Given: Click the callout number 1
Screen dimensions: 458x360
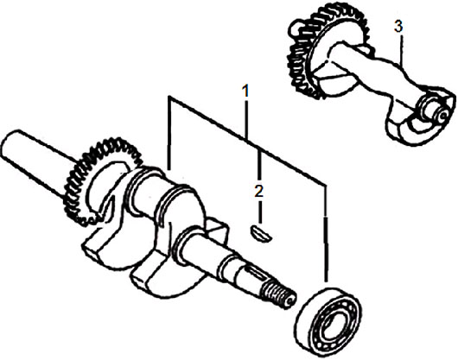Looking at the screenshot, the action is click(246, 91).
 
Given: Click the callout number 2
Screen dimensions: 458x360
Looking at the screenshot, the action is click(258, 191).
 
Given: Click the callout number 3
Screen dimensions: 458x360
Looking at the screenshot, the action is click(398, 26).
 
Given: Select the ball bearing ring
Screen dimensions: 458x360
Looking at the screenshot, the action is click(328, 317).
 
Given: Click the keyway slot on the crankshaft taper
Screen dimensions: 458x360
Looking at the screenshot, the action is click(255, 273).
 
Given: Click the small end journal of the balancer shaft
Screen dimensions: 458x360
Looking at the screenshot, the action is click(433, 110).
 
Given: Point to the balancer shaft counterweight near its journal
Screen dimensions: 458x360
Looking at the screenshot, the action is click(417, 123).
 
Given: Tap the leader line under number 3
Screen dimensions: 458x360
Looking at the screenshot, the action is click(402, 50).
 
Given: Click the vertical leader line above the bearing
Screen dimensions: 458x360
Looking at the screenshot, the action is click(326, 233).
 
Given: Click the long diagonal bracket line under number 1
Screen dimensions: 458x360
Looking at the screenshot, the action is click(247, 141).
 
